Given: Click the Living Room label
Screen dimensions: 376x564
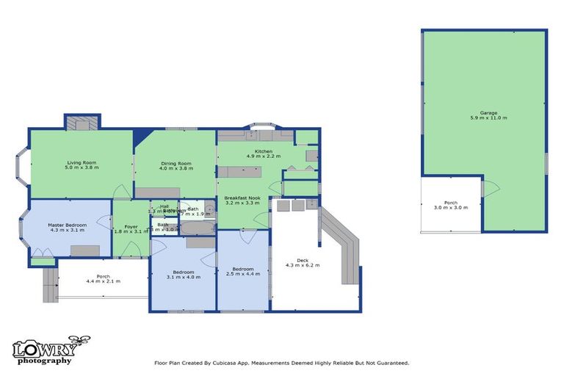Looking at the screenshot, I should click(82, 162).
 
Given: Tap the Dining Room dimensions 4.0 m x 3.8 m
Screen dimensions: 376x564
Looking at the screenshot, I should click(176, 168).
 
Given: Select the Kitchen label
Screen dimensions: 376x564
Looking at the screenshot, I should click(264, 151).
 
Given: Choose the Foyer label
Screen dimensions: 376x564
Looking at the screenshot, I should click(131, 226).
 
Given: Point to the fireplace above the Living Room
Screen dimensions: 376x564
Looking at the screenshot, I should click(82, 122).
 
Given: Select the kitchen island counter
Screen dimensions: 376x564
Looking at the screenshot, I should click(242, 172).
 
